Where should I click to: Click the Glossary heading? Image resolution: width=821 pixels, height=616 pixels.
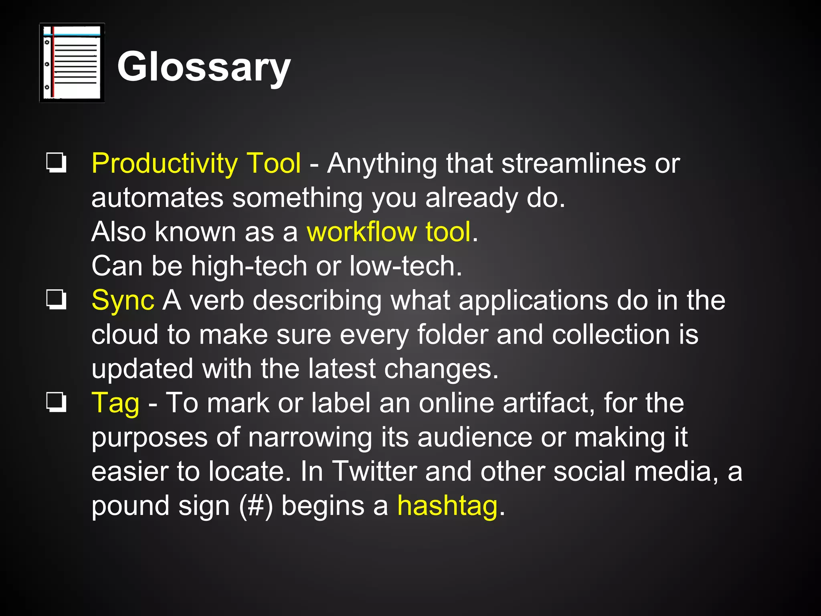click(x=204, y=67)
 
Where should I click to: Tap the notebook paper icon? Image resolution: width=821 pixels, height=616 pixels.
click(x=72, y=63)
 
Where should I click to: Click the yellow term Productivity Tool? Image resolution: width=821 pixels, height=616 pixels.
click(x=196, y=164)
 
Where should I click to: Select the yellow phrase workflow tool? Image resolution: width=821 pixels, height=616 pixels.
click(x=388, y=232)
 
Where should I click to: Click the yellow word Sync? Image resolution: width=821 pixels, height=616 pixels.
click(x=123, y=301)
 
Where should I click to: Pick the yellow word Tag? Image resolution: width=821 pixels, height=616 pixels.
click(x=115, y=403)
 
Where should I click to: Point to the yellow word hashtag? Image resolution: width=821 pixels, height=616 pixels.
click(x=447, y=506)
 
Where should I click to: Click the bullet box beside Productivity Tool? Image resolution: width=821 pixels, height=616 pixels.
click(x=56, y=162)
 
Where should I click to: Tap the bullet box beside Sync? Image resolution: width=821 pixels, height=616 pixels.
click(x=56, y=300)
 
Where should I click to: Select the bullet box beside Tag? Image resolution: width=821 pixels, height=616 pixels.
click(x=56, y=402)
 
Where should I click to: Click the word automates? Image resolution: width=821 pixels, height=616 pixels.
click(x=157, y=198)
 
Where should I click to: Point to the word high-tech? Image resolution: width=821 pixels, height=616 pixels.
click(x=249, y=266)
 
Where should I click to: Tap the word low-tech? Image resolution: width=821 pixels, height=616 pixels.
click(x=406, y=266)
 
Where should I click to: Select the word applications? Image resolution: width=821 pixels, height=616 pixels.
click(x=533, y=301)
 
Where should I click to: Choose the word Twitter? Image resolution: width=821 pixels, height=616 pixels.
click(x=374, y=472)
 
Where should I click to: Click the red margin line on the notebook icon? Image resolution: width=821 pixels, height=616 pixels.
click(x=52, y=63)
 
